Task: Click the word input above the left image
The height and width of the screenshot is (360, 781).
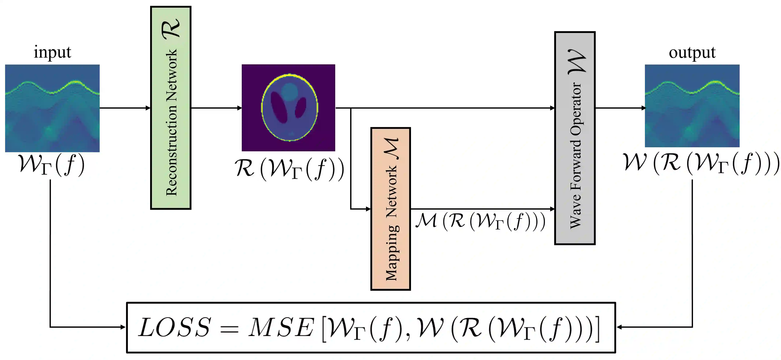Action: pos(52,52)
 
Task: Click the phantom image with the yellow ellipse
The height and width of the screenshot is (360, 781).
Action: pos(288,108)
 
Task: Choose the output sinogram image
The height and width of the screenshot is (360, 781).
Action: pos(692,106)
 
